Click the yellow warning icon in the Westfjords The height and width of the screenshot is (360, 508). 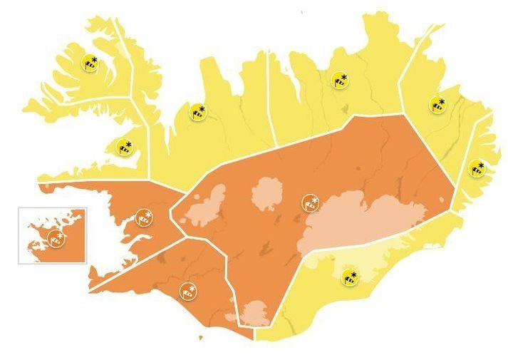click(90, 63)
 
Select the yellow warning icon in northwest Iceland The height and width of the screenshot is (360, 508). click(198, 111)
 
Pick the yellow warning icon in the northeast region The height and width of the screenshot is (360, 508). click(339, 80)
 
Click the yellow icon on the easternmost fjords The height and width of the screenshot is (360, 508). click(476, 169)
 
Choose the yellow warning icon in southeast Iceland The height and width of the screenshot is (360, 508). click(349, 277)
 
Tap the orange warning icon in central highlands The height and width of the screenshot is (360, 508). click(310, 203)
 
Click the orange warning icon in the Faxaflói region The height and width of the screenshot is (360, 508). click(143, 218)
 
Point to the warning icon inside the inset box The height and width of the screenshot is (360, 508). click(56, 237)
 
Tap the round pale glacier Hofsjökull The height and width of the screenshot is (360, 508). click(268, 194)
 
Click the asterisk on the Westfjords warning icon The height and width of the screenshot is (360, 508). click(94, 56)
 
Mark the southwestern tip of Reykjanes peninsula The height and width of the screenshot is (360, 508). click(91, 288)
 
